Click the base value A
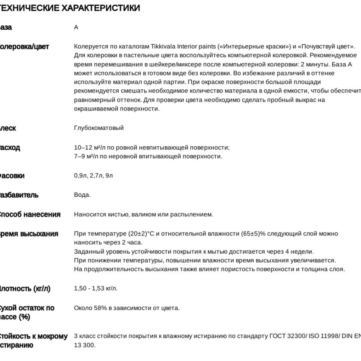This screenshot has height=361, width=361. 76,27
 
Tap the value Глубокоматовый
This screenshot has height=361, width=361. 99,128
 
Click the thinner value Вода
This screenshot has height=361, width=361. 82,195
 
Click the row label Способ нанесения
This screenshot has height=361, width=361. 29,214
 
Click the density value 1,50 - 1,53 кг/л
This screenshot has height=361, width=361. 96,288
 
